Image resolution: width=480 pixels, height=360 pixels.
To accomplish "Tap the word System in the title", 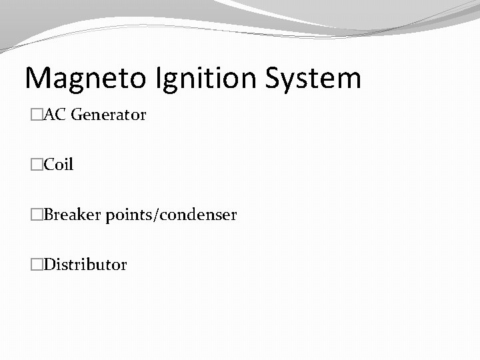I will pos(313,79).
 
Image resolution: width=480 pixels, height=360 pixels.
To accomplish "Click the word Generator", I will pos(108,115).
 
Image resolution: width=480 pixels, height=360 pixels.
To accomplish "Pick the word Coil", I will pos(59,165).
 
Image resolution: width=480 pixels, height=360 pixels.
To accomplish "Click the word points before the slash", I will pos(127,215).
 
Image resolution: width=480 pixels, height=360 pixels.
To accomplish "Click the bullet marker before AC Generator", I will pos(36,115).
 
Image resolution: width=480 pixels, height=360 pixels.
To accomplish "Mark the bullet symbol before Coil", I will pos(36,165).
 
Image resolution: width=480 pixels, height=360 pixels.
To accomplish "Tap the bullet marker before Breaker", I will pos(36,215).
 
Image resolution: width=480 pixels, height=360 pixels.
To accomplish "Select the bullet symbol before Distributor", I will pos(36,265).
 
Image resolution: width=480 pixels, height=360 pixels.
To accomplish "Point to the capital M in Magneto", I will pos(38,79).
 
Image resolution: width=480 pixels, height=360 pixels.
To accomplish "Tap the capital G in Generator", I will pos(75,115).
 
